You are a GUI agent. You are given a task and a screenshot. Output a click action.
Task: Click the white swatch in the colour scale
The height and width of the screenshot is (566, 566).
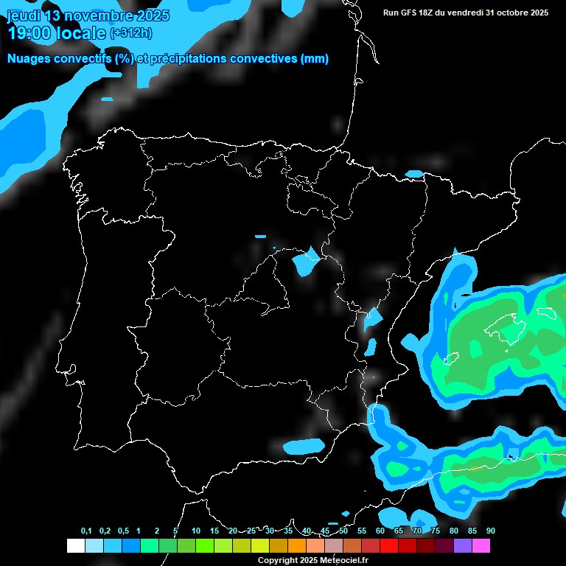pos(75,546)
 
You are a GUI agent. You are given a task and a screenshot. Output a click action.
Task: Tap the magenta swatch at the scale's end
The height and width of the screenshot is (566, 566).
pos(481,546)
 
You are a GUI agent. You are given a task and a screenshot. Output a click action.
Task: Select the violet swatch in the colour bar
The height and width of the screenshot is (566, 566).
pos(463,546)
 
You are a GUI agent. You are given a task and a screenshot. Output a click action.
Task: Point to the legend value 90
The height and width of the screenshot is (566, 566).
pos(490,531)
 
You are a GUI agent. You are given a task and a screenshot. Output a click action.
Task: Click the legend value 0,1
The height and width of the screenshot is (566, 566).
pos(86,531)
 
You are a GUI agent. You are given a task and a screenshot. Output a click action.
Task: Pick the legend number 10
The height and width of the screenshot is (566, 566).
pos(195,531)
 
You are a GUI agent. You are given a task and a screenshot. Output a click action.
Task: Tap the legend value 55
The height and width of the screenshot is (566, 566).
pos(361,531)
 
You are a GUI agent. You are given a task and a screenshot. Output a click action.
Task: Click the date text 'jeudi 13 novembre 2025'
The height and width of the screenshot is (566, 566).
pos(88,15)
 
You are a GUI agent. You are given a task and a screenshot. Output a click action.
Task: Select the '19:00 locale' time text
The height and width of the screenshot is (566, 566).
pos(56,33)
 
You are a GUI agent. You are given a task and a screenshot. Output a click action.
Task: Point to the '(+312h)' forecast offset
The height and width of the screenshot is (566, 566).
pos(133,33)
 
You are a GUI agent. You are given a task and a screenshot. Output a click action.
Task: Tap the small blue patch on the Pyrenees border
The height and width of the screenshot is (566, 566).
pos(415,175)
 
